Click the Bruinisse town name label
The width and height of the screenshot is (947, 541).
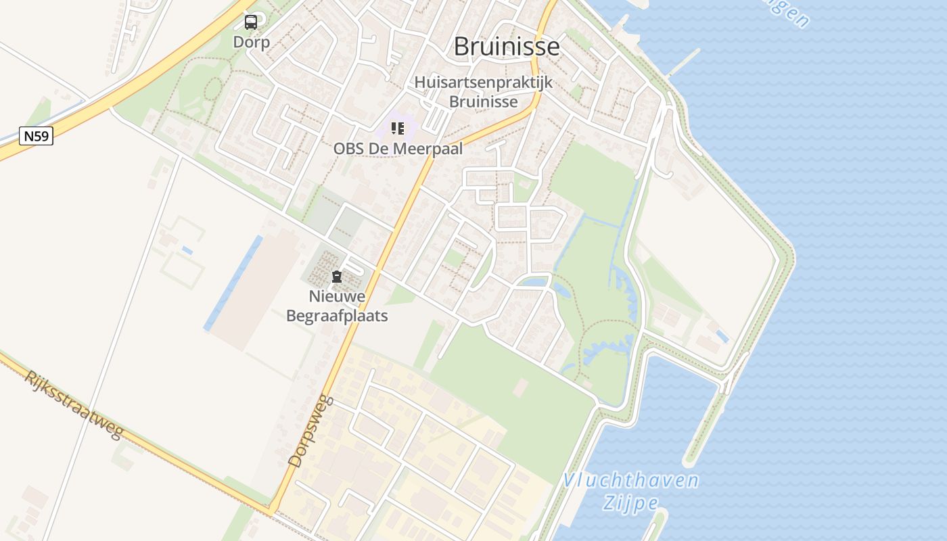pos(507,46)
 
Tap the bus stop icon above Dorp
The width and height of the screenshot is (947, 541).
pos(251,22)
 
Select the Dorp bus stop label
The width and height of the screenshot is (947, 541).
pos(251,42)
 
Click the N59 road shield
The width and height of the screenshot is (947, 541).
pos(36,137)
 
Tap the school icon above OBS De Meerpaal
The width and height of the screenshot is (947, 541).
pos(398,128)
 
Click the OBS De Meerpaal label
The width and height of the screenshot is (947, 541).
pos(398,149)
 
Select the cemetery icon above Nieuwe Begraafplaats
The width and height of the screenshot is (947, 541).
pos(336,277)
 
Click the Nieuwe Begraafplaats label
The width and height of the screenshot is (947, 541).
pos(337,306)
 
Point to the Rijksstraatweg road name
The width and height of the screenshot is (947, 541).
pos(74,404)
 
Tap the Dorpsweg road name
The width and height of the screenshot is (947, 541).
pos(312,431)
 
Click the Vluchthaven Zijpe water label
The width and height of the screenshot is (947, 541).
pos(630,492)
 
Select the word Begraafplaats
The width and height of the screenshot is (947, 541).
pos(337,316)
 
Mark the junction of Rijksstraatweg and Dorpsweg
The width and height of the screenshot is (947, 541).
pos(273,509)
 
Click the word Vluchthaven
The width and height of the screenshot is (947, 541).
pos(630,481)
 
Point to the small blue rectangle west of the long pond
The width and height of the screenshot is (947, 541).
pos(187,250)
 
